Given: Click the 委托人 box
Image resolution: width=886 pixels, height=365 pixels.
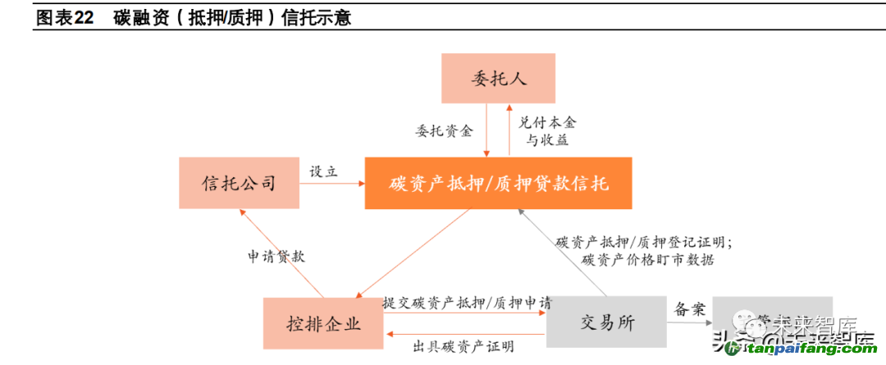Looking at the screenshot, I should point(499,79).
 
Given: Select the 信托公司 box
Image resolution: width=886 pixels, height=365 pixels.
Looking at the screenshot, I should point(239,182).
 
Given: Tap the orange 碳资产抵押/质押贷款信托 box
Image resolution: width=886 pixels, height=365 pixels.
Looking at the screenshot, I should point(499,182).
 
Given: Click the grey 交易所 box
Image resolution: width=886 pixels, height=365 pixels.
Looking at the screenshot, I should point(606,322).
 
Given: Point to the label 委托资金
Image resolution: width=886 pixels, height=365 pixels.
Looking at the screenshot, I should point(445,130).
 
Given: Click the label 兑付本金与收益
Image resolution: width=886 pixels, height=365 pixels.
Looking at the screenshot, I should point(546,130).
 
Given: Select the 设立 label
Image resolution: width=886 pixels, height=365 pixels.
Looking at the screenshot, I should point(324,172).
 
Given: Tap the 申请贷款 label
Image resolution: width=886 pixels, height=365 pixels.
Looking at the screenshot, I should point(276,256).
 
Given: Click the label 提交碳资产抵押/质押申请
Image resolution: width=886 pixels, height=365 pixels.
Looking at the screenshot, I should point(467,302).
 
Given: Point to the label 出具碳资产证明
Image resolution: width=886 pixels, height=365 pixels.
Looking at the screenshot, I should point(464,346).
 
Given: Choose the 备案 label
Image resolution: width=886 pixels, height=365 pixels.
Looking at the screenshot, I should point(687,309).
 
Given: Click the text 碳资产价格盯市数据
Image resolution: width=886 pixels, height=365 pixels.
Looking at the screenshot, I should point(647,259).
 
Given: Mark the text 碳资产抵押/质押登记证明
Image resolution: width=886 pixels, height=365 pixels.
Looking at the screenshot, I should point(643,241).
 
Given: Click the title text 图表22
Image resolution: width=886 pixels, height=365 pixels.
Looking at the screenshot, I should point(66,17).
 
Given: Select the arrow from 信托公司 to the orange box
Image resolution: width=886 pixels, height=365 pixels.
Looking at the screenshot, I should point(332,184).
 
